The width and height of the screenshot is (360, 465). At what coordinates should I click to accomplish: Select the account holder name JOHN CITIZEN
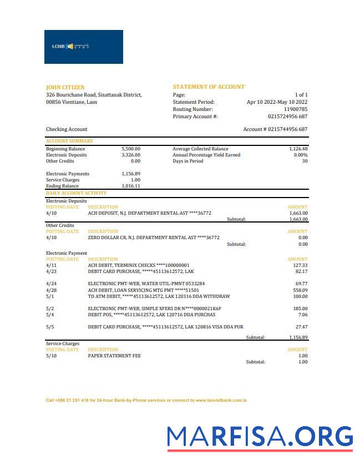pos(65,87)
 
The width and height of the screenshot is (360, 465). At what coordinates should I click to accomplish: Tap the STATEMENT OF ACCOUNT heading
pos(208,87)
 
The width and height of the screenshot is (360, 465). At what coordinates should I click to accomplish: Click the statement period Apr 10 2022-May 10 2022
pos(277,102)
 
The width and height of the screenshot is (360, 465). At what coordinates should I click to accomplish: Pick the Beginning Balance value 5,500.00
pos(130,149)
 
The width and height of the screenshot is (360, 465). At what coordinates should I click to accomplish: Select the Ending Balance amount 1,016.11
pos(130,186)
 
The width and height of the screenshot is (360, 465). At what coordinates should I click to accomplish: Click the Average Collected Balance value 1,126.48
pos(298,149)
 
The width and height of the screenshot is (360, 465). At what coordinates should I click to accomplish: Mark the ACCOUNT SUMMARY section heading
pos(69,141)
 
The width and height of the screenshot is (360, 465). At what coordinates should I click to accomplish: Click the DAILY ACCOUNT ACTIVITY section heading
pos(76,193)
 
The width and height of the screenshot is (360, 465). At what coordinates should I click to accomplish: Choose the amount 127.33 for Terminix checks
pos(300,265)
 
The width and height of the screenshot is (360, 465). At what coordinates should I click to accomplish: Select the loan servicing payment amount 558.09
pos(300,290)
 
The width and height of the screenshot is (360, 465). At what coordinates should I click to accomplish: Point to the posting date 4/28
pos(51,290)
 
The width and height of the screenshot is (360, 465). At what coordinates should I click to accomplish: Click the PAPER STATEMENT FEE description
pos(114,356)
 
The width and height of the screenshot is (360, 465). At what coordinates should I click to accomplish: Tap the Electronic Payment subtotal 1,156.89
pos(298,337)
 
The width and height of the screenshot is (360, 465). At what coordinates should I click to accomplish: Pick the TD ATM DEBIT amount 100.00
pos(300,296)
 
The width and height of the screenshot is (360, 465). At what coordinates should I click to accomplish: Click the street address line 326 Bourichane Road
pos(94,95)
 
